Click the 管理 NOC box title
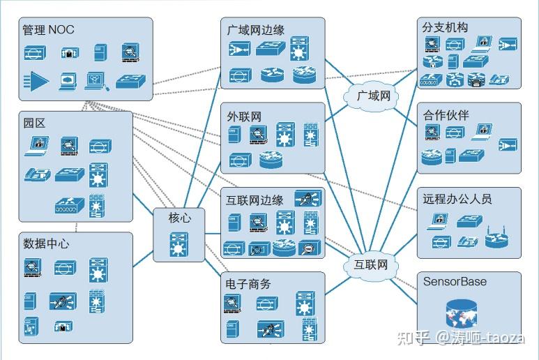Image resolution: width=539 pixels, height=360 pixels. point(48,30)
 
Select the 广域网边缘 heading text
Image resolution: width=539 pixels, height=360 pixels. point(256,30)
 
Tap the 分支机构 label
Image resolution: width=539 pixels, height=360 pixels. point(445,27)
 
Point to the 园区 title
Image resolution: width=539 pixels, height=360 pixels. point(34,123)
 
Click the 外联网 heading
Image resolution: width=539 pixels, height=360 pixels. point(244,116)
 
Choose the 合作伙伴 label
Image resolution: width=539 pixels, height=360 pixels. point(445,115)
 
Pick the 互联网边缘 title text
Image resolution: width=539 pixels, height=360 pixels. point(255,200)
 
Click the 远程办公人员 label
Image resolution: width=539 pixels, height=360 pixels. point(457,199)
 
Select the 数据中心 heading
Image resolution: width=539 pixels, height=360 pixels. point(46,243)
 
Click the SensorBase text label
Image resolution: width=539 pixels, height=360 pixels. point(455,282)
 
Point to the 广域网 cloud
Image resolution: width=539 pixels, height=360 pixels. point(373,96)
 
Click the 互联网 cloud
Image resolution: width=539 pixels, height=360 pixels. point(370,264)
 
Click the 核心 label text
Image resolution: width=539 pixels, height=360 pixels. point(179,218)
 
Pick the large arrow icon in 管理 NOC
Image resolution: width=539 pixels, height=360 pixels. point(36,82)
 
